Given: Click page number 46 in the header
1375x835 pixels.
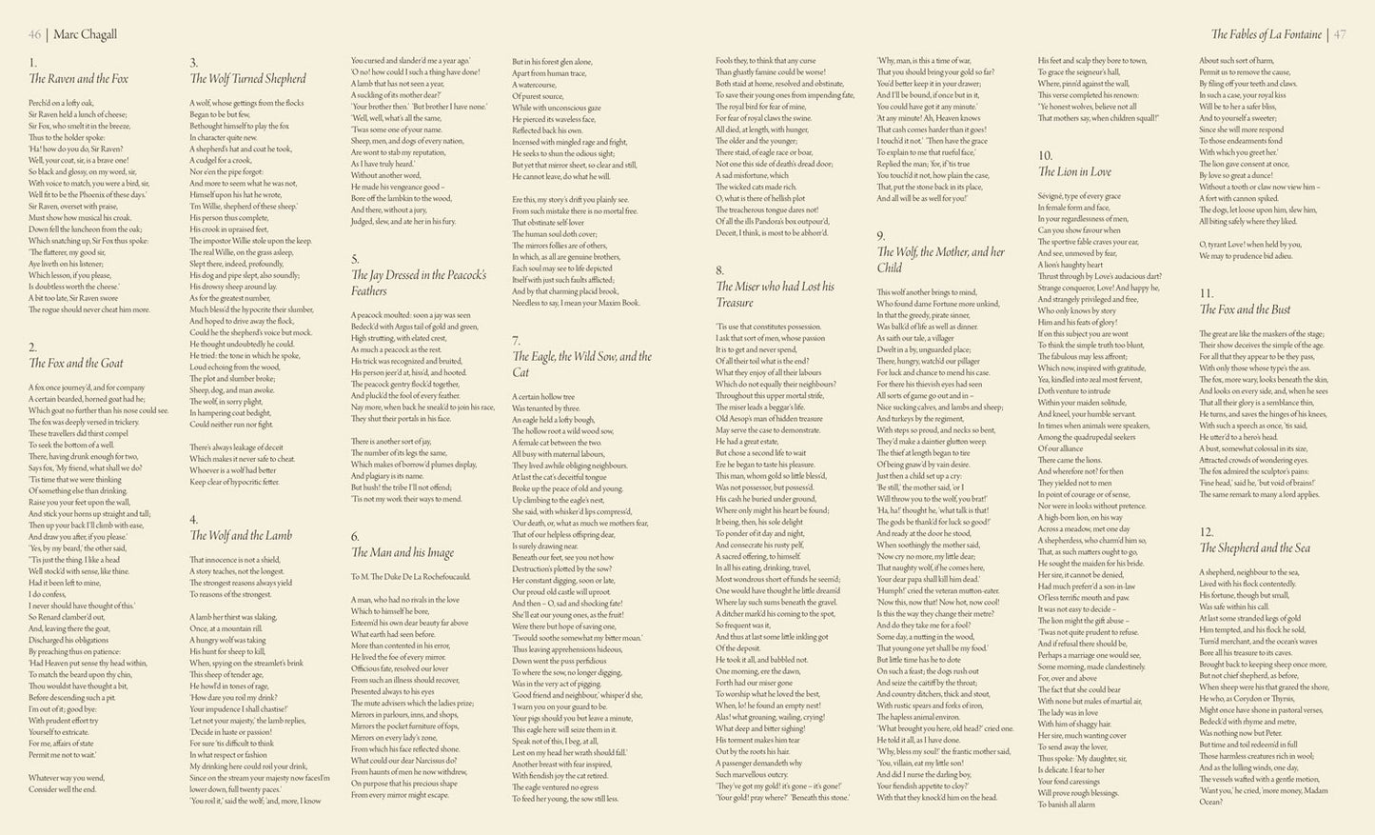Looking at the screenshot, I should [x=35, y=34].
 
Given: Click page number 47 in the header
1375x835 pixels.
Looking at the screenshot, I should [x=1339, y=34].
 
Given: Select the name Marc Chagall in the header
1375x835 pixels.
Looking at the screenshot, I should [x=85, y=34].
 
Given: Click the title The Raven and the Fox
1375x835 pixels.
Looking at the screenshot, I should [x=78, y=79].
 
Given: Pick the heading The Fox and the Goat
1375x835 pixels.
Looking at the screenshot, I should [x=75, y=363].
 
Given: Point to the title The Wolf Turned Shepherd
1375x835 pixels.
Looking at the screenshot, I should [x=247, y=79].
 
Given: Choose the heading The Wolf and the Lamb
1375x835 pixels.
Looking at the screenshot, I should [x=241, y=535].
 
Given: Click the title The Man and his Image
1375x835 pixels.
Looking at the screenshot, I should [x=403, y=552].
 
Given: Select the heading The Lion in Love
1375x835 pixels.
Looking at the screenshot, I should [x=1074, y=172].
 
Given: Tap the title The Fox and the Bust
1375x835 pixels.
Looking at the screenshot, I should [x=1245, y=309].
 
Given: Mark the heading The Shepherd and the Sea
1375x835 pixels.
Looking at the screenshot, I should [x=1254, y=547].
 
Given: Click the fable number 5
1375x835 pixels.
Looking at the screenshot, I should [x=355, y=259].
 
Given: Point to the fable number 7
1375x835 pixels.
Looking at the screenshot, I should [x=517, y=340].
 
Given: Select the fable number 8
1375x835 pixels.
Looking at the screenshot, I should [x=719, y=270].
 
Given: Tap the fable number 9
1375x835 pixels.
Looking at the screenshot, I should [x=881, y=236].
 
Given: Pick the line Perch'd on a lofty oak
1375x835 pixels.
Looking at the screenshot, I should [x=62, y=102].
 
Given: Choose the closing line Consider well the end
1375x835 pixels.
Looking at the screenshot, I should [x=63, y=789].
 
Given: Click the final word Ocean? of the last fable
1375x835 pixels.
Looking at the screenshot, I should [x=1210, y=802].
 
